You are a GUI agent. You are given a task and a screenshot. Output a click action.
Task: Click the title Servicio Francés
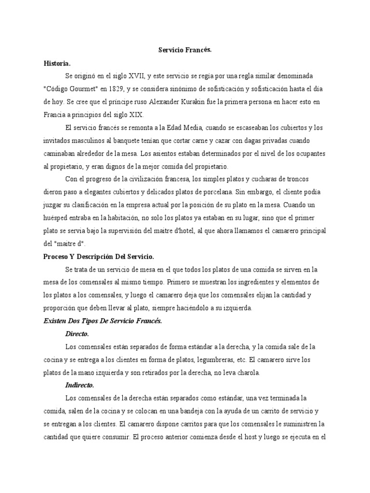185,50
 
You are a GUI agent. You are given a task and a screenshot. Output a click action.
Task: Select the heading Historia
57,63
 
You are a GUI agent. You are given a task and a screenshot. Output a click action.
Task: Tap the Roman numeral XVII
139,76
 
